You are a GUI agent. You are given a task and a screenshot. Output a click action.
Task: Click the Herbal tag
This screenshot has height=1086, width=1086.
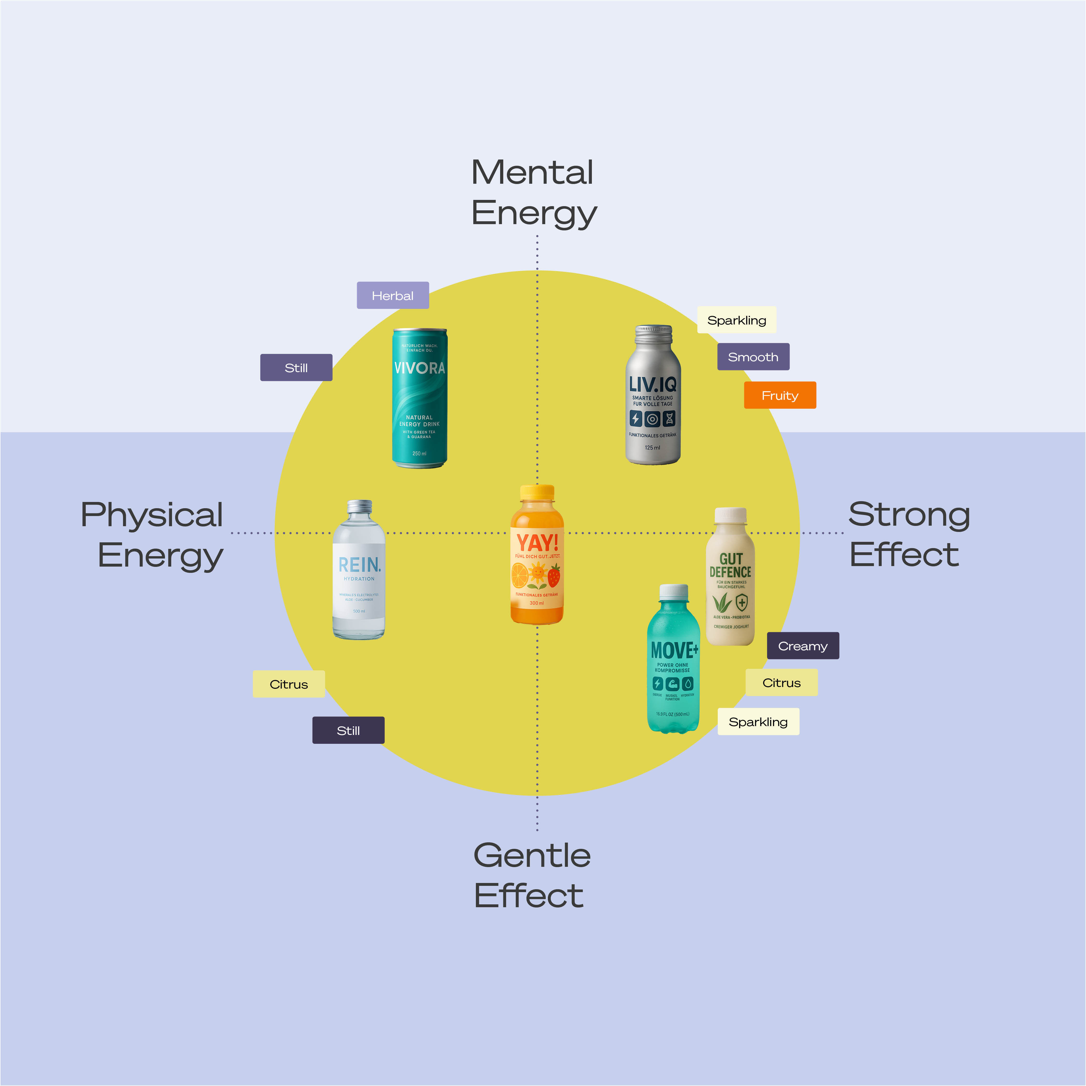pos(392,295)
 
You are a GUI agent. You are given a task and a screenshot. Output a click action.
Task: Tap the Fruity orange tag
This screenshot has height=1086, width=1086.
pos(780,395)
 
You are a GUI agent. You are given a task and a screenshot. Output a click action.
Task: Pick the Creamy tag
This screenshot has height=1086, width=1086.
pos(803,646)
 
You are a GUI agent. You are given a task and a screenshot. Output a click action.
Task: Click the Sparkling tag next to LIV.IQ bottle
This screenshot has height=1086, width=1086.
pos(736,320)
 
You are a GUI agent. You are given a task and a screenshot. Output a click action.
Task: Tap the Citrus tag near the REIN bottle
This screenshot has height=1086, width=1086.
pos(288,684)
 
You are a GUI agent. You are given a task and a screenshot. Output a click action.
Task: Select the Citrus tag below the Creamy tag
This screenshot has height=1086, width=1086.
pos(781,682)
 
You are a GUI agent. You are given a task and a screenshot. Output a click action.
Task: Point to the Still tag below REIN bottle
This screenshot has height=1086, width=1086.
pos(348,730)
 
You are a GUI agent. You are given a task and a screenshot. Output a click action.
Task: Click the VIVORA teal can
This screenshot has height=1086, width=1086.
pos(419,398)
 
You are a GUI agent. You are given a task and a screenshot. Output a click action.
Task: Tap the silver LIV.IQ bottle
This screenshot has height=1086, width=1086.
pos(653,395)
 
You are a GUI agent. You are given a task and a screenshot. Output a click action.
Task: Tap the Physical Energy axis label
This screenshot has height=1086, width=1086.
pos(153,535)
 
